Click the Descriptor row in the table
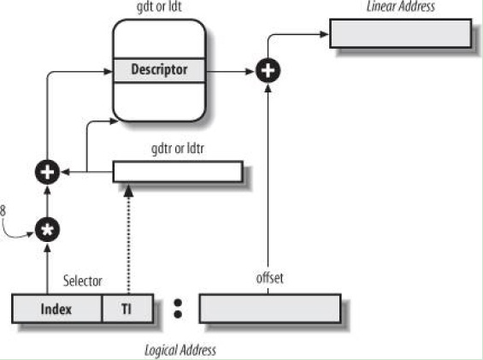coord(159,70)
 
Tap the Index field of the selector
coord(56,309)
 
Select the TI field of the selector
coord(127,309)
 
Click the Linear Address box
coord(400,33)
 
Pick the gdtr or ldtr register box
coord(178,172)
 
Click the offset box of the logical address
coord(270,309)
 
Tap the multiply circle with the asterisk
coord(47,230)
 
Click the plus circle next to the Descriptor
coord(268,71)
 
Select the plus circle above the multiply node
coord(47,172)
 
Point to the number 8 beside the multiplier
coord(3,211)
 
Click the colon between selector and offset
coord(178,308)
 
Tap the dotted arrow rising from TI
coord(128,239)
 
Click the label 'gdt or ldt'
coord(159,7)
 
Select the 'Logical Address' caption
coord(180,351)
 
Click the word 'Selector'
coord(83,280)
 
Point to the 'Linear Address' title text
coord(401,6)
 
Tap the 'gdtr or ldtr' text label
coord(178,149)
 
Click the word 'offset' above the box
coord(270,278)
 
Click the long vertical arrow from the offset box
coord(268,189)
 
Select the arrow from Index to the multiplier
coord(47,269)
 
